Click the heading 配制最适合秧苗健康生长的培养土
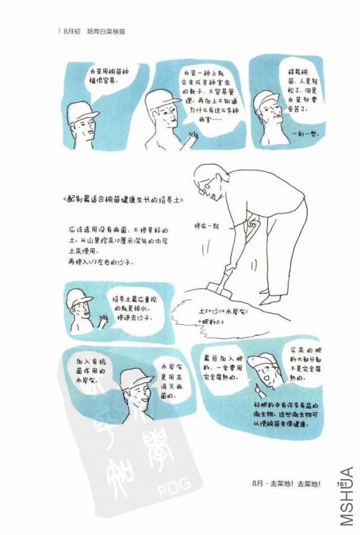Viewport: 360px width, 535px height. pyautogui.click(x=122, y=200)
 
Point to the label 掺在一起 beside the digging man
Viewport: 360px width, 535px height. pyautogui.click(x=206, y=226)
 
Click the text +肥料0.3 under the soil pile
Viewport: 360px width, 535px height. pyautogui.click(x=210, y=322)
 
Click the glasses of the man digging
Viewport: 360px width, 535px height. pyautogui.click(x=209, y=191)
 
